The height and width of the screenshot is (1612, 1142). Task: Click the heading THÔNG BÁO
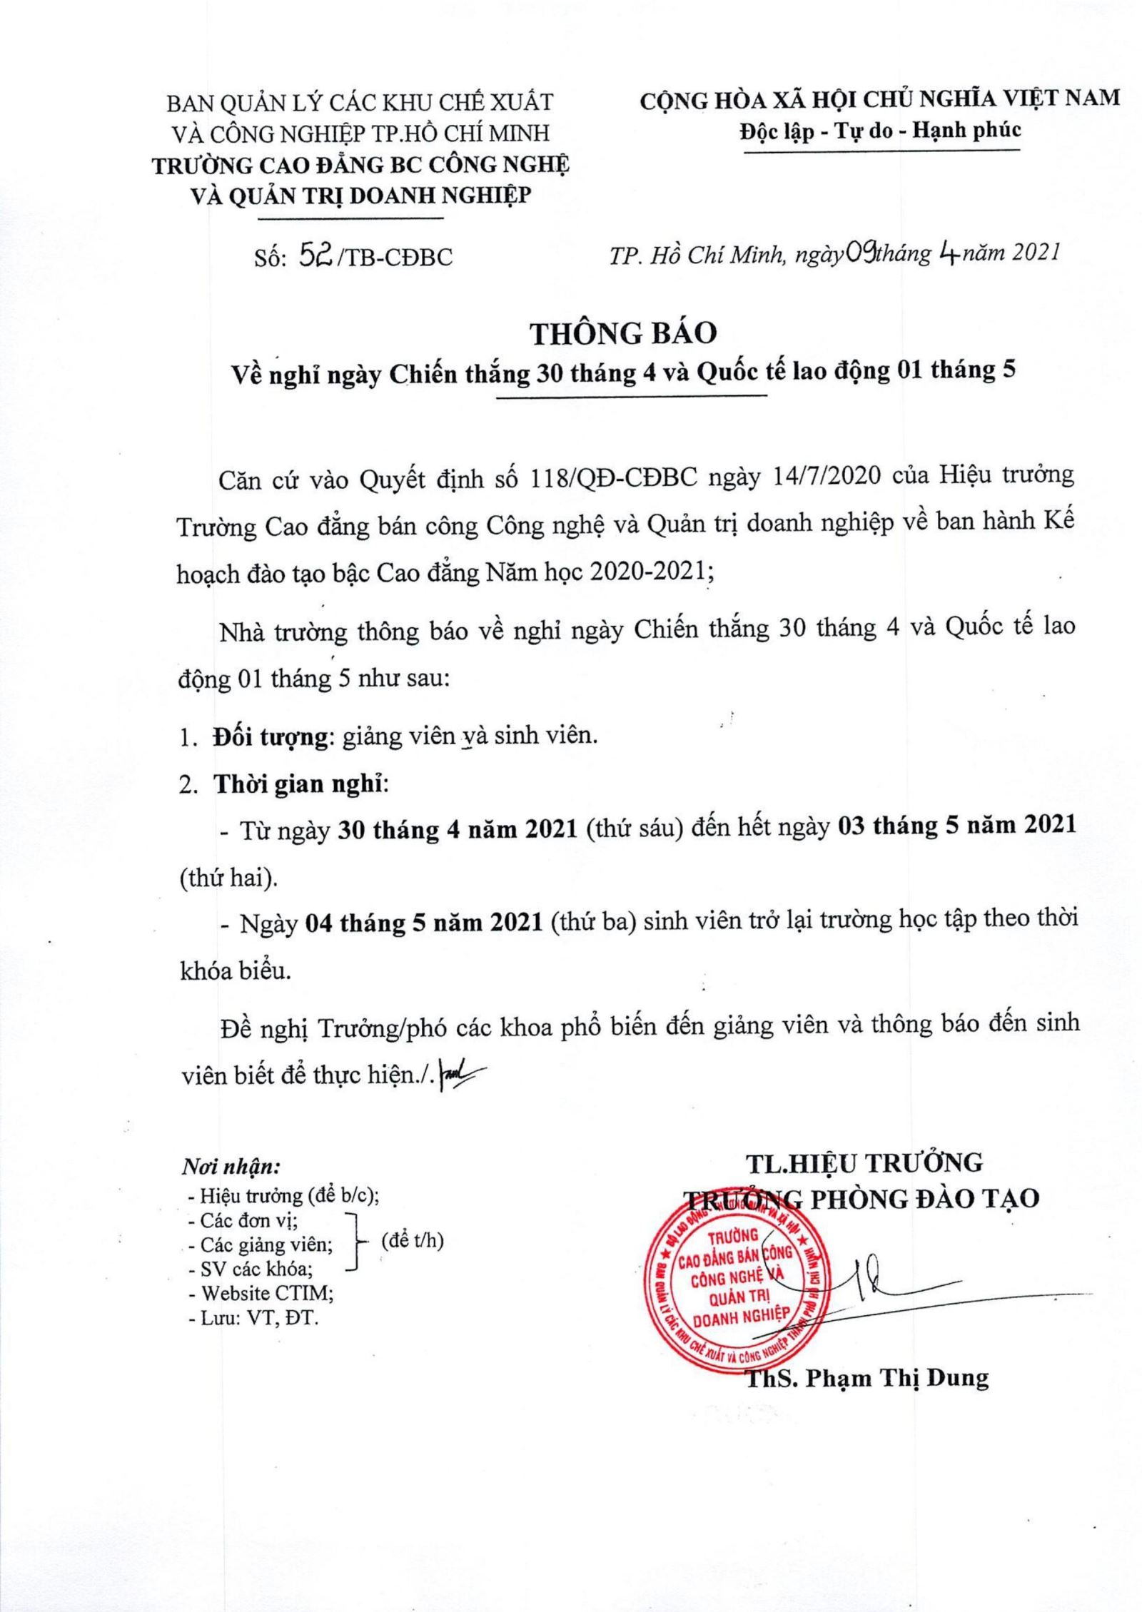(622, 333)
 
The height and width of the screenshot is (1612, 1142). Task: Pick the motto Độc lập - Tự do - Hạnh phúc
(880, 131)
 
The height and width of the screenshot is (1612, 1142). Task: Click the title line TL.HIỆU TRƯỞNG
(864, 1163)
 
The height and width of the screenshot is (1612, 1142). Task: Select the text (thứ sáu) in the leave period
(630, 828)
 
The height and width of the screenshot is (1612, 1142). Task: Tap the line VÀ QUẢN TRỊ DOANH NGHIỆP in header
(363, 196)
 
